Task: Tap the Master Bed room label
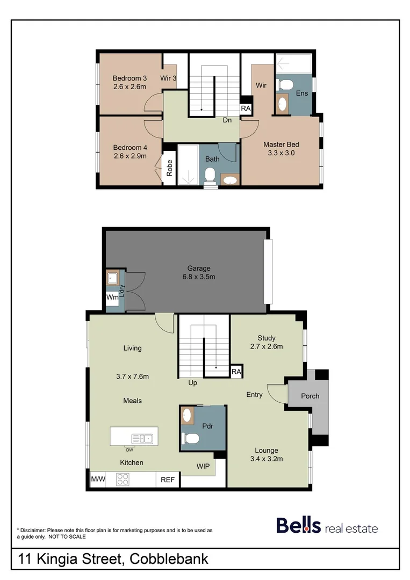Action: click(x=280, y=144)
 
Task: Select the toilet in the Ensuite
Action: click(x=284, y=84)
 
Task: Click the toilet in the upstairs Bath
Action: click(x=210, y=176)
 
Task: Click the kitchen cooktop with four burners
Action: click(x=123, y=479)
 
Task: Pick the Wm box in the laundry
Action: click(x=112, y=297)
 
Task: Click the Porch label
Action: click(x=310, y=396)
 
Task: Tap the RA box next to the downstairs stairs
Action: click(x=236, y=371)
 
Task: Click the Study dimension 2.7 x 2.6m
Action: click(x=266, y=346)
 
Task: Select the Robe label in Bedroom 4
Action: click(x=169, y=169)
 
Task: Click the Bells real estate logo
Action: click(x=327, y=526)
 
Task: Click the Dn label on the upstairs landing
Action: click(x=228, y=120)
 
